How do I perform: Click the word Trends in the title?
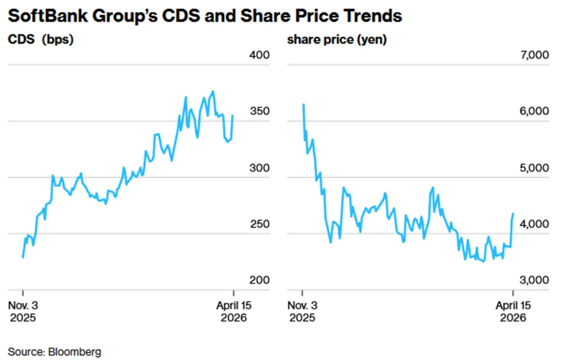point(375,16)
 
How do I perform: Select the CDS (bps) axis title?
point(40,40)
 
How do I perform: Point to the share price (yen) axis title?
point(336,40)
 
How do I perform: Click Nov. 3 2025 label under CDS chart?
point(23,311)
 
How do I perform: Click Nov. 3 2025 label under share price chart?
point(302,311)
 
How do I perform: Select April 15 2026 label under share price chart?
point(513,311)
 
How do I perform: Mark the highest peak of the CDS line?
point(213,91)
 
